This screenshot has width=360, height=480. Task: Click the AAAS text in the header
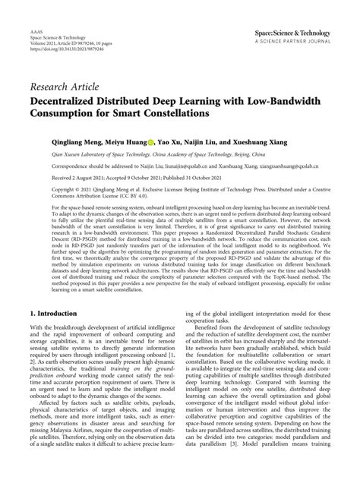pyautogui.click(x=36, y=25)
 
